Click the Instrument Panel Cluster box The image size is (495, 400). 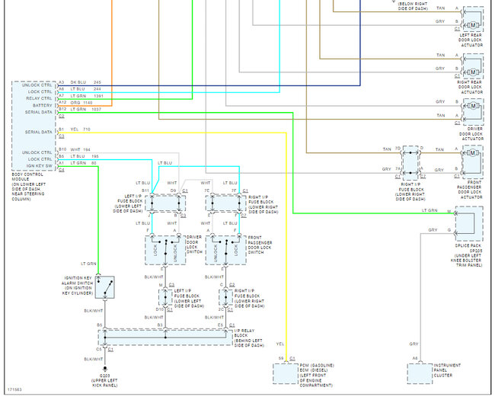click(423, 372)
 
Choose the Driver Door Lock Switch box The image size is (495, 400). click(165, 249)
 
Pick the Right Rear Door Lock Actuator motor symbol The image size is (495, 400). click(472, 72)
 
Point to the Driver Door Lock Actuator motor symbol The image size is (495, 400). click(472, 117)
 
